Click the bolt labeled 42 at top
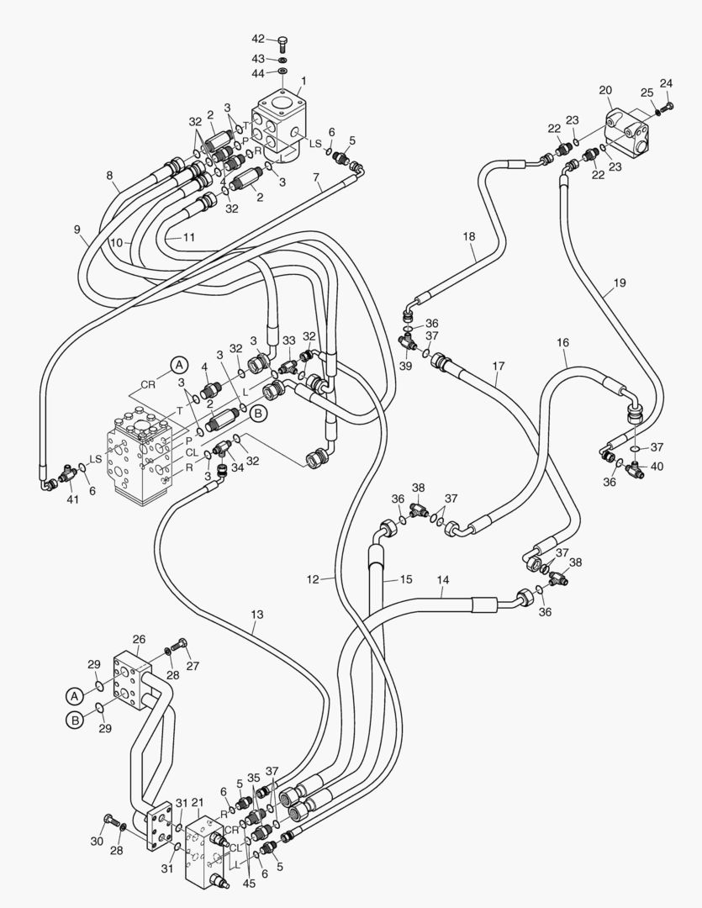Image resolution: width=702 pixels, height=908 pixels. coord(282,42)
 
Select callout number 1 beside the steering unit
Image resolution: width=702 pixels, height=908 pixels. coord(303,82)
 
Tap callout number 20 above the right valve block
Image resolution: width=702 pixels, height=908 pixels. coord(605,90)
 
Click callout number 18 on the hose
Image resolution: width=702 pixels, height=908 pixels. coord(469,238)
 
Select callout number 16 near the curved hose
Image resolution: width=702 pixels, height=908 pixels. coord(562,343)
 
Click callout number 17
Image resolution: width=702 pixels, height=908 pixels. coord(499,367)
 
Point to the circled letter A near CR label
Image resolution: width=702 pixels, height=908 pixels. coord(178,365)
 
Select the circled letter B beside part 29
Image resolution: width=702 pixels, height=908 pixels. coord(74,720)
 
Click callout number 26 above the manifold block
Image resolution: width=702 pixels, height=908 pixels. coord(140,639)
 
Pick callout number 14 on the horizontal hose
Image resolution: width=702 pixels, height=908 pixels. coord(443,579)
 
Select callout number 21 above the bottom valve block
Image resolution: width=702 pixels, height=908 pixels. coord(198,803)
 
